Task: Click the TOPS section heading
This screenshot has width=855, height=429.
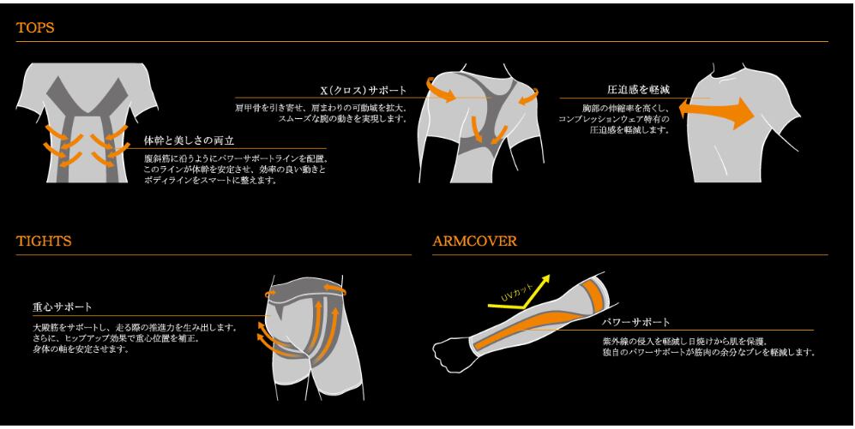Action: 35,27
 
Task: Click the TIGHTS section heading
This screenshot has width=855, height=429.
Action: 44,241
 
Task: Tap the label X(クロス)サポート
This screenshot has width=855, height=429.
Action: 363,90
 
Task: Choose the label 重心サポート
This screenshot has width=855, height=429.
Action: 62,307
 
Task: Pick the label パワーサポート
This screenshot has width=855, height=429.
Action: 636,322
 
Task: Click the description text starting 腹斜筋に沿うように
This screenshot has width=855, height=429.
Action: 237,169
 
